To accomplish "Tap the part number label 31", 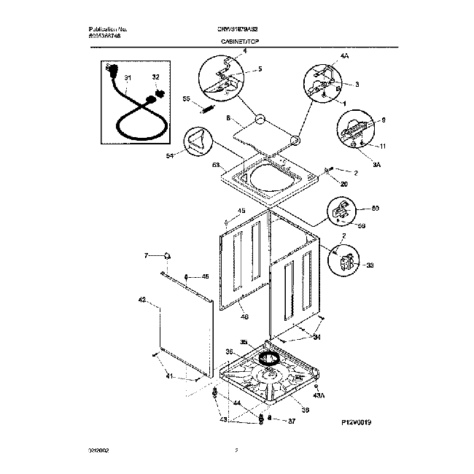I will [128, 77].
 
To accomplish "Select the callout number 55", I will [186, 98].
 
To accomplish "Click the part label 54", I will [170, 155].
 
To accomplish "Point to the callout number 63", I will [216, 166].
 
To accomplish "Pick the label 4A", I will [325, 55].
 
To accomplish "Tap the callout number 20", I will [344, 184].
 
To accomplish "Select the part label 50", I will [376, 209].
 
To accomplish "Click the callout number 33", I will [369, 266].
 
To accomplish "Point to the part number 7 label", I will [145, 255].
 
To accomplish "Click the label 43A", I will [317, 396].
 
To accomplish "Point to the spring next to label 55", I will [207, 109].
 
